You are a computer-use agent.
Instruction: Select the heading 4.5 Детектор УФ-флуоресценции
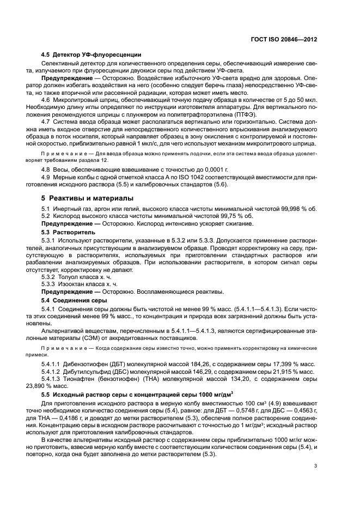coord(91,54)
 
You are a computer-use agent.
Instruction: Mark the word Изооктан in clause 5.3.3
coord(76,284)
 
